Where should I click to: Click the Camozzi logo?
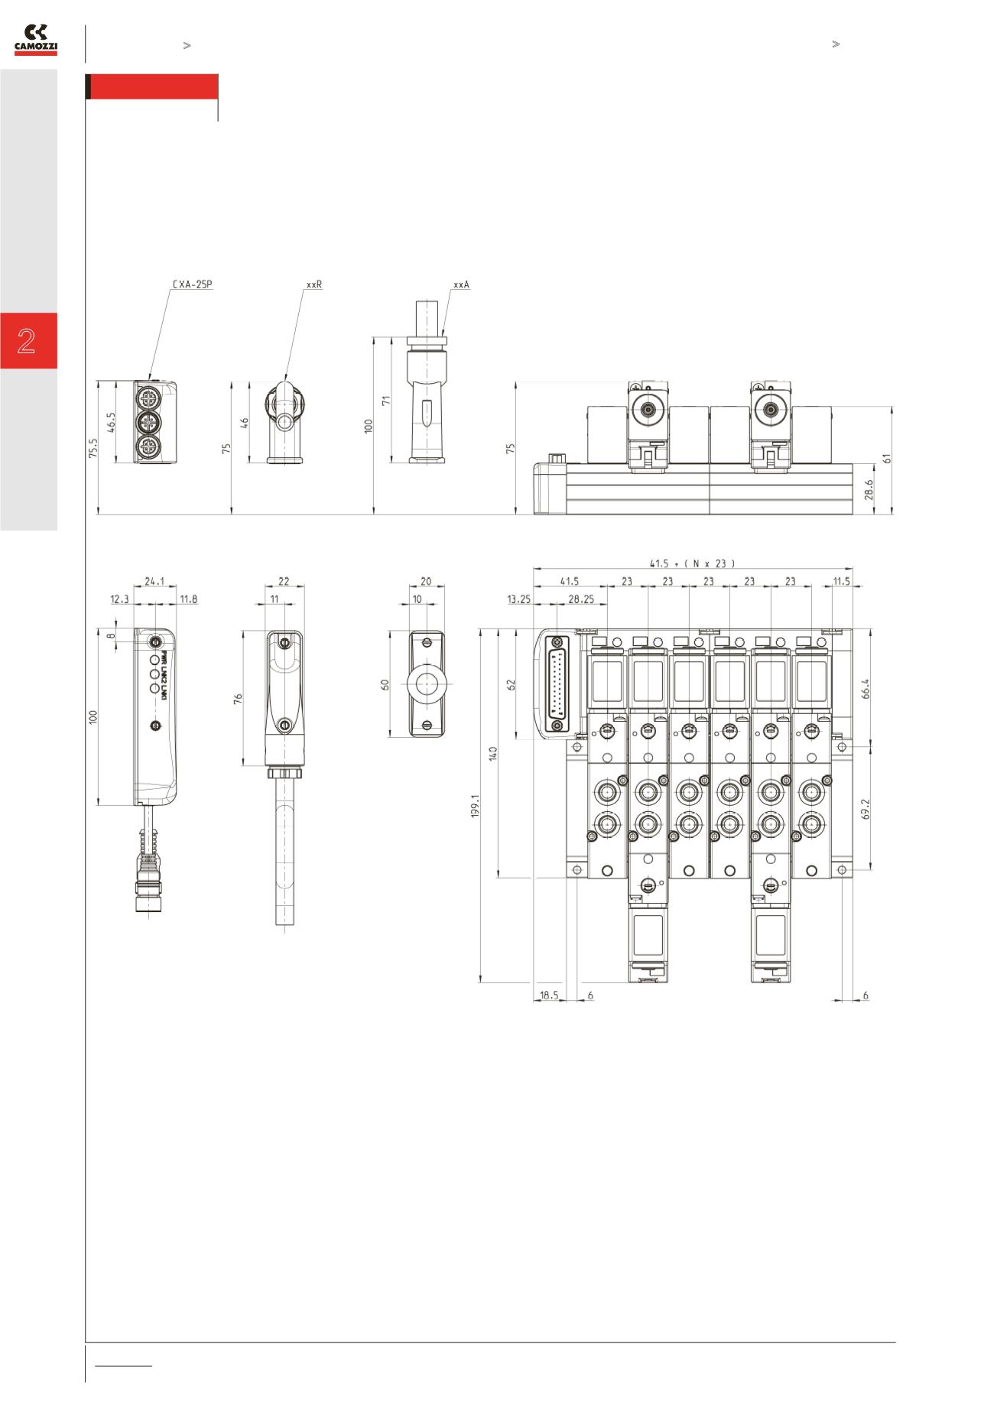pyautogui.click(x=36, y=41)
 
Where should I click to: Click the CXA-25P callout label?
pyautogui.click(x=192, y=284)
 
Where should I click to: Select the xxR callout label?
pyautogui.click(x=313, y=284)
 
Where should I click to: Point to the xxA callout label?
pyautogui.click(x=461, y=284)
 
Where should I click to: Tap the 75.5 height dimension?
pyautogui.click(x=93, y=448)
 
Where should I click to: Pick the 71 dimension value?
pyautogui.click(x=387, y=399)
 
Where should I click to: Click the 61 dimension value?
pyautogui.click(x=887, y=458)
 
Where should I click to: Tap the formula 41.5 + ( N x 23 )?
pyautogui.click(x=692, y=563)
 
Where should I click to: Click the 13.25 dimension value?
pyautogui.click(x=518, y=599)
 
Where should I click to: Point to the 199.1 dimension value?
pyautogui.click(x=475, y=806)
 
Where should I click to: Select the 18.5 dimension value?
pyautogui.click(x=549, y=995)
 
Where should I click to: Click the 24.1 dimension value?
pyautogui.click(x=154, y=581)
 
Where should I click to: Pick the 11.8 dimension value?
pyautogui.click(x=187, y=599)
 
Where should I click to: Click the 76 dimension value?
pyautogui.click(x=238, y=698)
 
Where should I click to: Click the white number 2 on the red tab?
pyautogui.click(x=27, y=341)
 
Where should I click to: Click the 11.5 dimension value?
pyautogui.click(x=841, y=581)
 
